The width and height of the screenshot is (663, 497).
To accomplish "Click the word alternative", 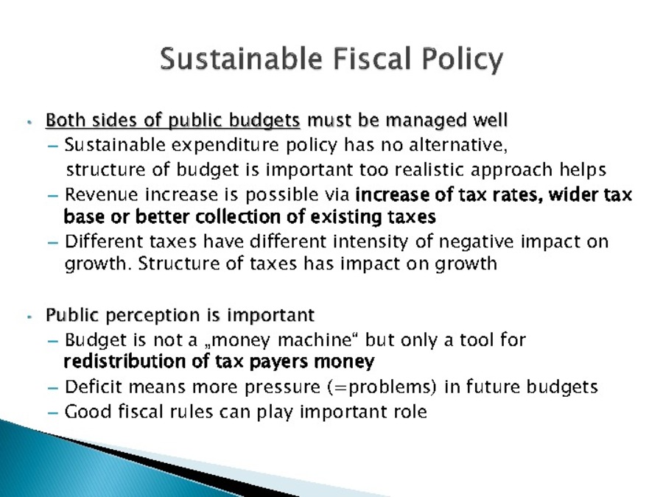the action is (x=458, y=145).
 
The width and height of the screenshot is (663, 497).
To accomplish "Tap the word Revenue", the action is (x=102, y=195).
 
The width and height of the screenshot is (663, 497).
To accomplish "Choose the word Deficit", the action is (x=94, y=387).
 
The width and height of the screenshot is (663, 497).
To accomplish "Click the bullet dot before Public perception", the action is (x=29, y=317).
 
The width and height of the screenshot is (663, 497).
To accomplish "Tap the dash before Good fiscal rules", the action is (x=53, y=413).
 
